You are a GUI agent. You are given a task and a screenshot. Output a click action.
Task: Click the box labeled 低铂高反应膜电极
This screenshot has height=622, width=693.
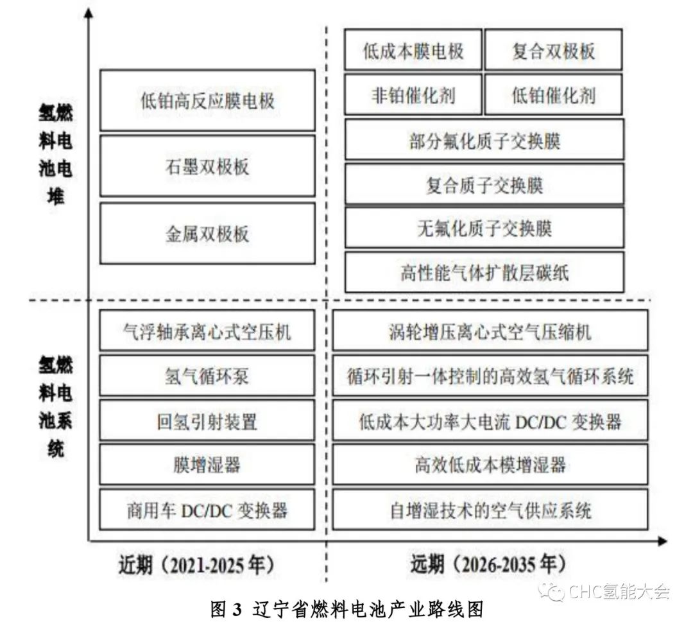point(207,100)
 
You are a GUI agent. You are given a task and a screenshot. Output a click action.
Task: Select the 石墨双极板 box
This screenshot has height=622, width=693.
point(207,167)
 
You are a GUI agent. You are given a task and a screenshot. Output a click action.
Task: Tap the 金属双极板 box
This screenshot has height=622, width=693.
point(207,234)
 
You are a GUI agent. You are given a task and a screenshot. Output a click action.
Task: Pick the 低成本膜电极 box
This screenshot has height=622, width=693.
point(413,49)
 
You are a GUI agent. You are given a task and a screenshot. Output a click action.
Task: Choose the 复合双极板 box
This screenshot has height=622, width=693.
point(553,49)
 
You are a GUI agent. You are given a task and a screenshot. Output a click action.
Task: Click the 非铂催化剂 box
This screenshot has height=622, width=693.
point(413,94)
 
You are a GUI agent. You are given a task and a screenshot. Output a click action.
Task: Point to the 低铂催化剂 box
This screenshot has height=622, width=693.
point(553,94)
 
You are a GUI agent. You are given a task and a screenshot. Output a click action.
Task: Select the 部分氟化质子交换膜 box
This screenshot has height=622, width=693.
point(484,140)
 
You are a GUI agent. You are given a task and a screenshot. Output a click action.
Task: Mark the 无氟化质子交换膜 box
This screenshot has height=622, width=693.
point(484,228)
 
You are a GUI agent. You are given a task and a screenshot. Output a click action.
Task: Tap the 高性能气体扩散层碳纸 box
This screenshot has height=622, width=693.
point(484,272)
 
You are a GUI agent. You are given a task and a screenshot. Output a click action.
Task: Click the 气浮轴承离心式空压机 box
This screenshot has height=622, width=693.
point(207,330)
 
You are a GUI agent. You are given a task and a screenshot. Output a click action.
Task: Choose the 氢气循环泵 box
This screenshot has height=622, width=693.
point(207,376)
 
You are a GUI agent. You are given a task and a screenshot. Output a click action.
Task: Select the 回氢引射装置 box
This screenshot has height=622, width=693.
point(207,420)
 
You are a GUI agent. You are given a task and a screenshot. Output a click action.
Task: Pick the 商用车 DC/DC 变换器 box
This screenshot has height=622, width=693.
point(207,509)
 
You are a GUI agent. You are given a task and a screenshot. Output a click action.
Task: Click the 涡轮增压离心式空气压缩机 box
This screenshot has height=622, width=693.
point(490,330)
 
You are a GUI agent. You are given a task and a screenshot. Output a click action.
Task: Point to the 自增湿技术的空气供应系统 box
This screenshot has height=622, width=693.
point(490,509)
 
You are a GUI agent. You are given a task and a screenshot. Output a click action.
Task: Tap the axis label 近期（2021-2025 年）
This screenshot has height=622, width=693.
point(197,565)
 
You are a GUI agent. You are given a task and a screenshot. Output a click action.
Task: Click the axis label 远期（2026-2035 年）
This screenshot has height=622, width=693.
point(488,564)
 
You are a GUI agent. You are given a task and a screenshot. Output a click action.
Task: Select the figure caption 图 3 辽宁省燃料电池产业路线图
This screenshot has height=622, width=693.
point(346,609)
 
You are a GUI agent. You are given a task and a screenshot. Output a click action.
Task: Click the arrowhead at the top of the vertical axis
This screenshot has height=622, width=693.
point(89,13)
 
